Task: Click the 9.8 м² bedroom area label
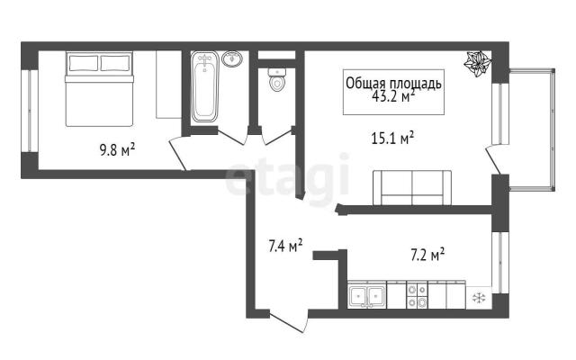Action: coord(118,150)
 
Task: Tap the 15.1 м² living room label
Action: coord(393,139)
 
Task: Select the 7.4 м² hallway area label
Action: coord(285,246)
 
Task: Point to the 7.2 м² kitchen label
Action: coord(427,255)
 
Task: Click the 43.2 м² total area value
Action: coord(393,96)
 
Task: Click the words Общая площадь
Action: coord(393,84)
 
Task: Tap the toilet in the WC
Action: coord(276,79)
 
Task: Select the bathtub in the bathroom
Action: coord(204,86)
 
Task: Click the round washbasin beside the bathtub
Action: coord(232,58)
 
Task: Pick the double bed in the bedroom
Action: coord(99,89)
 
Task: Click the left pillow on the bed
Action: coord(84,63)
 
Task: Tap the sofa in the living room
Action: coord(412,188)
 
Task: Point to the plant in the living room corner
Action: coord(478,64)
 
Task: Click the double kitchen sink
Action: coord(367,295)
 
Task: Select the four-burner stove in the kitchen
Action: coord(417,296)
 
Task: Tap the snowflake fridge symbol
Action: coord(479,298)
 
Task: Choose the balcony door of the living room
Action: coord(493,159)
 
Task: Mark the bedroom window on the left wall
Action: coord(30,111)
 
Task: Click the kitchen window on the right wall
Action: coord(500,262)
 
